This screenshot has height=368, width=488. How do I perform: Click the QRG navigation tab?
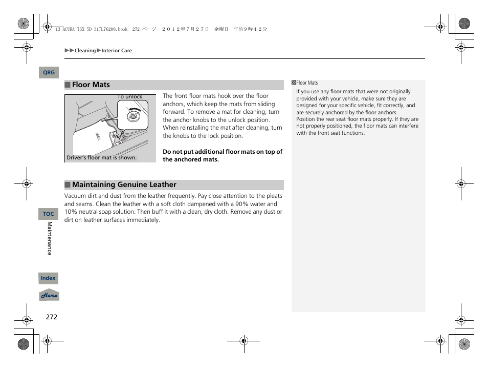tap(49, 73)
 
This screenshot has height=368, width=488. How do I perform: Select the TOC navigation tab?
tap(49, 214)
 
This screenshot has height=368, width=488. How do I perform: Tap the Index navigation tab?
tap(48, 278)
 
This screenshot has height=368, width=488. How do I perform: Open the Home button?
tap(49, 296)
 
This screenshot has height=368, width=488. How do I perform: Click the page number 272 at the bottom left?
tap(51, 317)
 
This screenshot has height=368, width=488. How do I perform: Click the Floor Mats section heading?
tap(91, 85)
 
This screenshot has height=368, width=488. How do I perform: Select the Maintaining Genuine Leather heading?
tap(124, 185)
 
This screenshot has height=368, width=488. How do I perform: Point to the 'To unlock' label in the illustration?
tap(130, 97)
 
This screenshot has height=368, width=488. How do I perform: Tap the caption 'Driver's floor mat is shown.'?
tap(102, 158)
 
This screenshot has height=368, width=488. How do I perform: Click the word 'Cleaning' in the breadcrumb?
tap(85, 51)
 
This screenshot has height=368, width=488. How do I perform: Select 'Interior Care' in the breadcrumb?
tap(117, 51)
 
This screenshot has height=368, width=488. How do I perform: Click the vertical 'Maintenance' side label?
tap(50, 238)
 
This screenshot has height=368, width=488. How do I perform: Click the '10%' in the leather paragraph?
tap(71, 212)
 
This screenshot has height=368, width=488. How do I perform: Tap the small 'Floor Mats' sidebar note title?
tap(307, 83)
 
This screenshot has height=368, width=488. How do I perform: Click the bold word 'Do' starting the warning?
tap(167, 152)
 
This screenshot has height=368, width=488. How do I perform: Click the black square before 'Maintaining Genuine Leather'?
tap(68, 185)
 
